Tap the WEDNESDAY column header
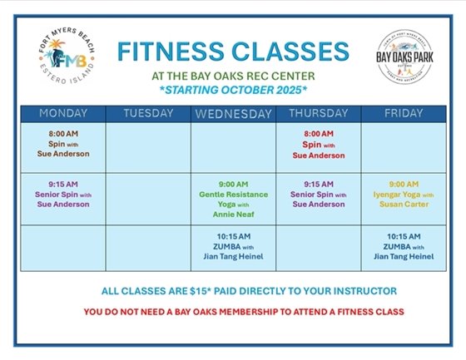(233, 113)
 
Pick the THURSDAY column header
(318, 113)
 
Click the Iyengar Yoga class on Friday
(404, 193)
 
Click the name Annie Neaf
(233, 213)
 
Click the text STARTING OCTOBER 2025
(232, 88)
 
